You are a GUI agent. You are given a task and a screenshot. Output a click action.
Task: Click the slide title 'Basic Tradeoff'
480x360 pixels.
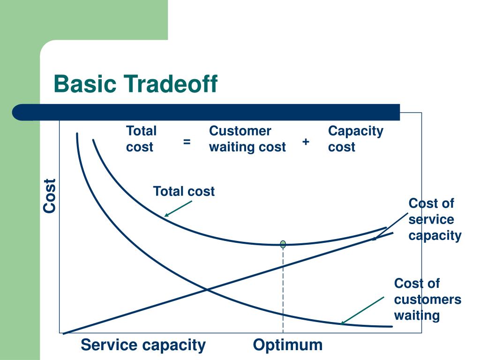pos(135,84)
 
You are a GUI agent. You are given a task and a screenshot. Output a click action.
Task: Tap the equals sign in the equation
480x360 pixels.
pos(187,141)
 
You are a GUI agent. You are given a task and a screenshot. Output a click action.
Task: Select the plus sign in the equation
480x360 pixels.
pos(306,141)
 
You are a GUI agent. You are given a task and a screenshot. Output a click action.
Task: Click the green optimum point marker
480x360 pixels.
pos(283,244)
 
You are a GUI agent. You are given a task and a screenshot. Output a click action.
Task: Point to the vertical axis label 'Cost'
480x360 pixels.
pos(50,195)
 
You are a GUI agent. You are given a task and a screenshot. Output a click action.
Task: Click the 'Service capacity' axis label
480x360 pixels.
pos(143,345)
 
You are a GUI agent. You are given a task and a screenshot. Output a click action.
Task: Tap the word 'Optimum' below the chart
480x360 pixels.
pos(288,345)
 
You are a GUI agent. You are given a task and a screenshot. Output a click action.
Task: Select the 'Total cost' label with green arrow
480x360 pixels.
pos(184,191)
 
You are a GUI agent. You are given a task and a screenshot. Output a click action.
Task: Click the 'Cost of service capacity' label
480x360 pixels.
pos(435,219)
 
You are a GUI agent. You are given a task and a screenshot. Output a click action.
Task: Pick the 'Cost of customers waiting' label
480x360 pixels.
pos(427,299)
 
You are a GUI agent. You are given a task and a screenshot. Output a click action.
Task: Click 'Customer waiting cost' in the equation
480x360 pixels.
pos(247,139)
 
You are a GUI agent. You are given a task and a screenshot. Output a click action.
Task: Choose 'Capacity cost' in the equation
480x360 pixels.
pos(355,139)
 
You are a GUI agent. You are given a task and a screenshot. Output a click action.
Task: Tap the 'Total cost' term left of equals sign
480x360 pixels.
pos(141,139)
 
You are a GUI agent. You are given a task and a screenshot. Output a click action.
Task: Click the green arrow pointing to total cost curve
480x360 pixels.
pos(178,209)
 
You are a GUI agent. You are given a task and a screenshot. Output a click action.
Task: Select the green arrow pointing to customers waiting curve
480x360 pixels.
pos(362,310)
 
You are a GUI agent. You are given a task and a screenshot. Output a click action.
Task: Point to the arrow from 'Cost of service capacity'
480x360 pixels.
pos(390,227)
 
